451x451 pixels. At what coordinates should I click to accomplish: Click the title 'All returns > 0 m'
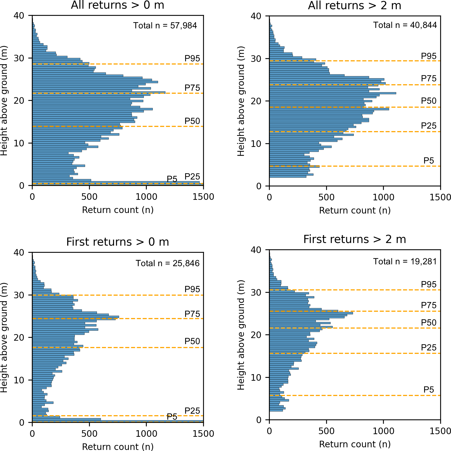click(x=117, y=5)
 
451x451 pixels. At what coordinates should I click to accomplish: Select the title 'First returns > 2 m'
click(x=355, y=239)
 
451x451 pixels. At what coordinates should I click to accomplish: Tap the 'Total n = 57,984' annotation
click(x=165, y=26)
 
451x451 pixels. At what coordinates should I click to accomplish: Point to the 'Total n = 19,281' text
click(x=405, y=261)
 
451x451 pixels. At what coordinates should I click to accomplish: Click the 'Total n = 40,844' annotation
click(x=405, y=25)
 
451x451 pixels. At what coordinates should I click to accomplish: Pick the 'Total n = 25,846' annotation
click(x=168, y=263)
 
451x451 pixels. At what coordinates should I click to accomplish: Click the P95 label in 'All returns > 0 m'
click(x=192, y=58)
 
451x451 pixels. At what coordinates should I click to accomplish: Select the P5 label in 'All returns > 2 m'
click(x=429, y=161)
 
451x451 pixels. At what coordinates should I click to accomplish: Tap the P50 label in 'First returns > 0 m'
click(x=192, y=341)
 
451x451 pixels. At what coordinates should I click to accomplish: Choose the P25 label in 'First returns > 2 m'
click(x=429, y=348)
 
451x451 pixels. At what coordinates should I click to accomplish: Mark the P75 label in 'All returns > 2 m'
click(x=429, y=78)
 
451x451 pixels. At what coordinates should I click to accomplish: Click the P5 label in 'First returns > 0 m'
click(x=172, y=417)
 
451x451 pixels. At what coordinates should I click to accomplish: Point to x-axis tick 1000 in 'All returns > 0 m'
click(x=146, y=197)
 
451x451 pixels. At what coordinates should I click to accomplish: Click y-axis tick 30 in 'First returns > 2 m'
click(x=256, y=292)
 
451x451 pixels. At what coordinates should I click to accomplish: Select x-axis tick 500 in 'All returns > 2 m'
click(x=326, y=197)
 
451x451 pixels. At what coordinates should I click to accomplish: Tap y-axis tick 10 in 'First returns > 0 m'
click(x=19, y=380)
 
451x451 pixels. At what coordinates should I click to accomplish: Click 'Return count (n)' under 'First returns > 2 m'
click(x=355, y=444)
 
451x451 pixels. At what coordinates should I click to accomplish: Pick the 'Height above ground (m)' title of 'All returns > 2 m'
click(x=241, y=101)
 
